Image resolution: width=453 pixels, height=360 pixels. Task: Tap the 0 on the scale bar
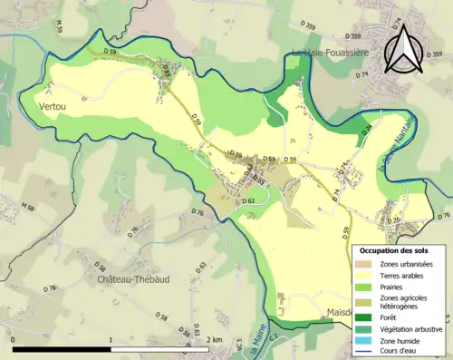pyautogui.click(x=13, y=339)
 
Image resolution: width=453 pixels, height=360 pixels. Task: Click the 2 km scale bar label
pyautogui.click(x=214, y=339)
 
